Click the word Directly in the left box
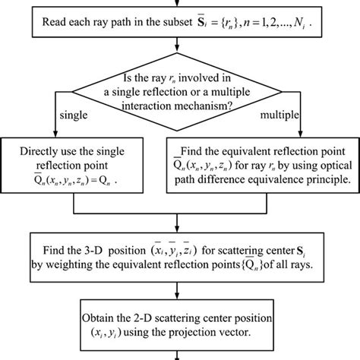coord(51,147)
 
